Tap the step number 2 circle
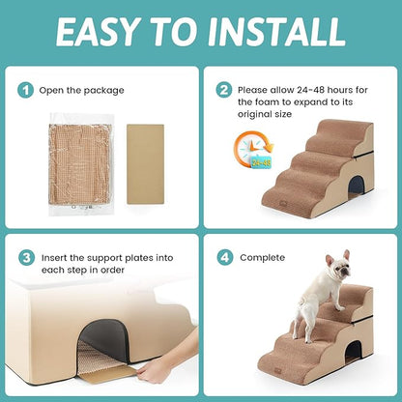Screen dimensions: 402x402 [223, 90]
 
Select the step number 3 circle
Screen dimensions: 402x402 [26, 258]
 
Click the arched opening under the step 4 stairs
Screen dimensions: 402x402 [355, 355]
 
